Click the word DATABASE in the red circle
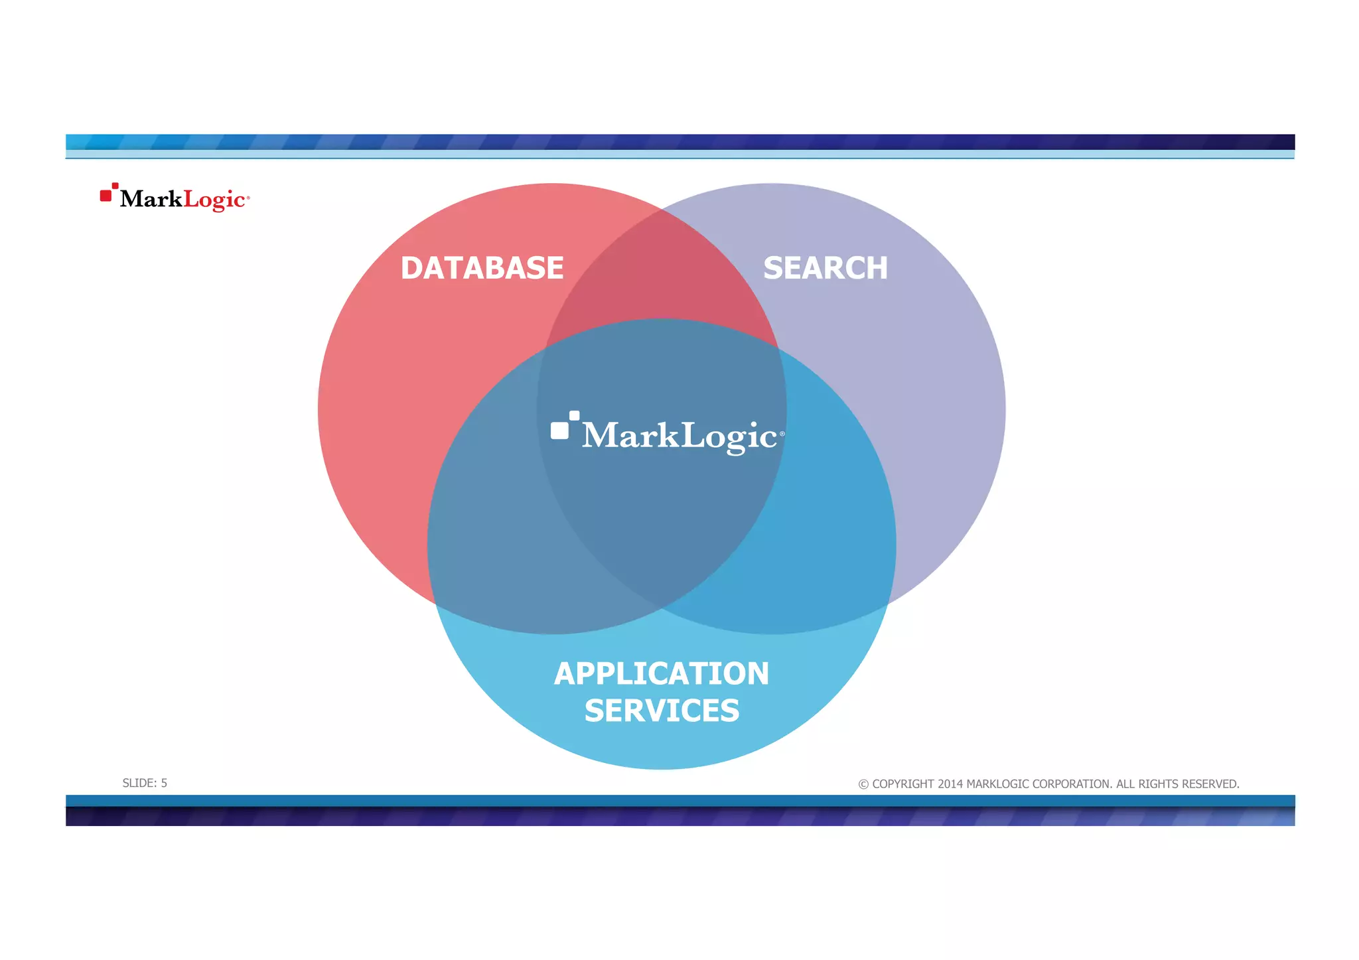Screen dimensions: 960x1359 point(482,269)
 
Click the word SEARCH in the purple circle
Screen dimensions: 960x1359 point(825,269)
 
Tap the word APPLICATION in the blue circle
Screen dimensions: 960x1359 point(662,674)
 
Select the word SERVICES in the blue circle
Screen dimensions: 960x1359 point(662,711)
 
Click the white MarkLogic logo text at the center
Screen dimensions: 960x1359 point(679,436)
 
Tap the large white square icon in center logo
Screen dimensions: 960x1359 point(559,431)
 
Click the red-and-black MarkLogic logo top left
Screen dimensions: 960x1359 point(175,198)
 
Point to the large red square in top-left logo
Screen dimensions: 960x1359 point(106,196)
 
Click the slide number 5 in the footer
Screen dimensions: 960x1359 point(164,784)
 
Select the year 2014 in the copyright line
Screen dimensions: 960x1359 point(950,784)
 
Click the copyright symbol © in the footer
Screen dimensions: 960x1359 point(863,784)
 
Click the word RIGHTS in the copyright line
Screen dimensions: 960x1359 point(1157,784)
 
